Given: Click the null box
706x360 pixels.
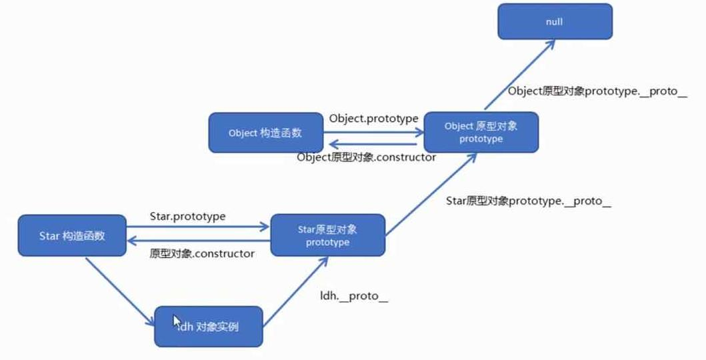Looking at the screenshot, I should [x=554, y=22].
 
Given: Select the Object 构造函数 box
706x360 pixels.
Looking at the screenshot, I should [x=265, y=133].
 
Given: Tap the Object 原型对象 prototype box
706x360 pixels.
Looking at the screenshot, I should [x=481, y=132].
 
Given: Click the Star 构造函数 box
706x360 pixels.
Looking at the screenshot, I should [x=72, y=235].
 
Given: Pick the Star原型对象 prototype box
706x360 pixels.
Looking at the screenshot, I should [x=327, y=235].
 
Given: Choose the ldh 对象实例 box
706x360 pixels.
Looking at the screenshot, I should [x=208, y=327].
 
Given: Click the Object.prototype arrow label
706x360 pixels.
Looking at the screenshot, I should [x=373, y=118].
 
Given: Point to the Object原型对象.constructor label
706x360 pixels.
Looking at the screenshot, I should [x=367, y=157].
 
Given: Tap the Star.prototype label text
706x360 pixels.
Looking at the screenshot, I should [x=188, y=216].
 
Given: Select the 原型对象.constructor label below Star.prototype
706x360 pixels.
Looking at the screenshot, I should [x=202, y=254].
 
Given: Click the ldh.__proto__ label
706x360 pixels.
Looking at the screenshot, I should [x=354, y=296].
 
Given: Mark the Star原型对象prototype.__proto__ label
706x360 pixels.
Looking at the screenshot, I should [x=528, y=201].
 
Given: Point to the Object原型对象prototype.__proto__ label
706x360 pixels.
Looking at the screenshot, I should [x=597, y=91].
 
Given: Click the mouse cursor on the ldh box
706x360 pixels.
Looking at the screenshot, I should [x=177, y=321].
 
